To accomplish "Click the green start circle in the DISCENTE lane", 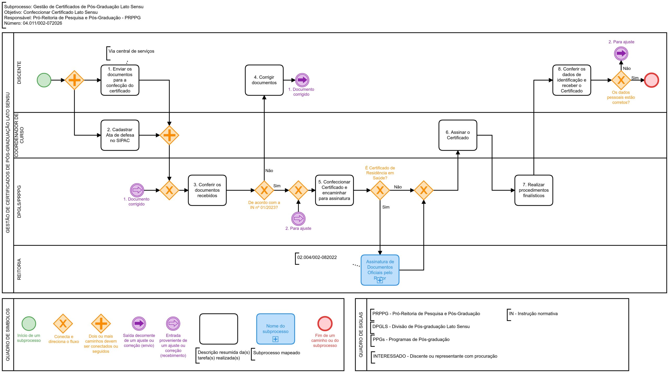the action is pos(44,80).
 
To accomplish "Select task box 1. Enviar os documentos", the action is pos(120,80).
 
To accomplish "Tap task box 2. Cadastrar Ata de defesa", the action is pos(120,135).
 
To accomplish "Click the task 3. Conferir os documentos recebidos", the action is pos(207,190).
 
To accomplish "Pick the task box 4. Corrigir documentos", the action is pos(264,80).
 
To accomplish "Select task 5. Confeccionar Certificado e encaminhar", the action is pos(334,190).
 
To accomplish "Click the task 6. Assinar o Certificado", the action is pos(458,135).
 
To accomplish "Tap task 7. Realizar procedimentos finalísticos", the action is pos(534,190).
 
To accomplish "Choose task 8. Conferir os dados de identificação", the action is pos(572,80).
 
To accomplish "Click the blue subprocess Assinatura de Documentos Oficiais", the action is pos(380,270).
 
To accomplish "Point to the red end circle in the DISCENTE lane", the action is pos(651,80).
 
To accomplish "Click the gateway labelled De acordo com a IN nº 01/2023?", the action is pos(264,190).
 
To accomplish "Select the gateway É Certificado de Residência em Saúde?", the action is pos(380,190).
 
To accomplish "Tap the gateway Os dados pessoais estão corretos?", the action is pos(621,80).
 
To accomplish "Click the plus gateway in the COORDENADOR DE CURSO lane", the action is pos(169,135).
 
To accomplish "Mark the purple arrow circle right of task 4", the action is pos(302,80).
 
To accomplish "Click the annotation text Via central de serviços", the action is pos(131,51).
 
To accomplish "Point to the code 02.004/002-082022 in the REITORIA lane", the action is pos(317,257).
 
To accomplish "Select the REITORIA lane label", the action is pos(19,269).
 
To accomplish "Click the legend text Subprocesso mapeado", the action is pos(276,353).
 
